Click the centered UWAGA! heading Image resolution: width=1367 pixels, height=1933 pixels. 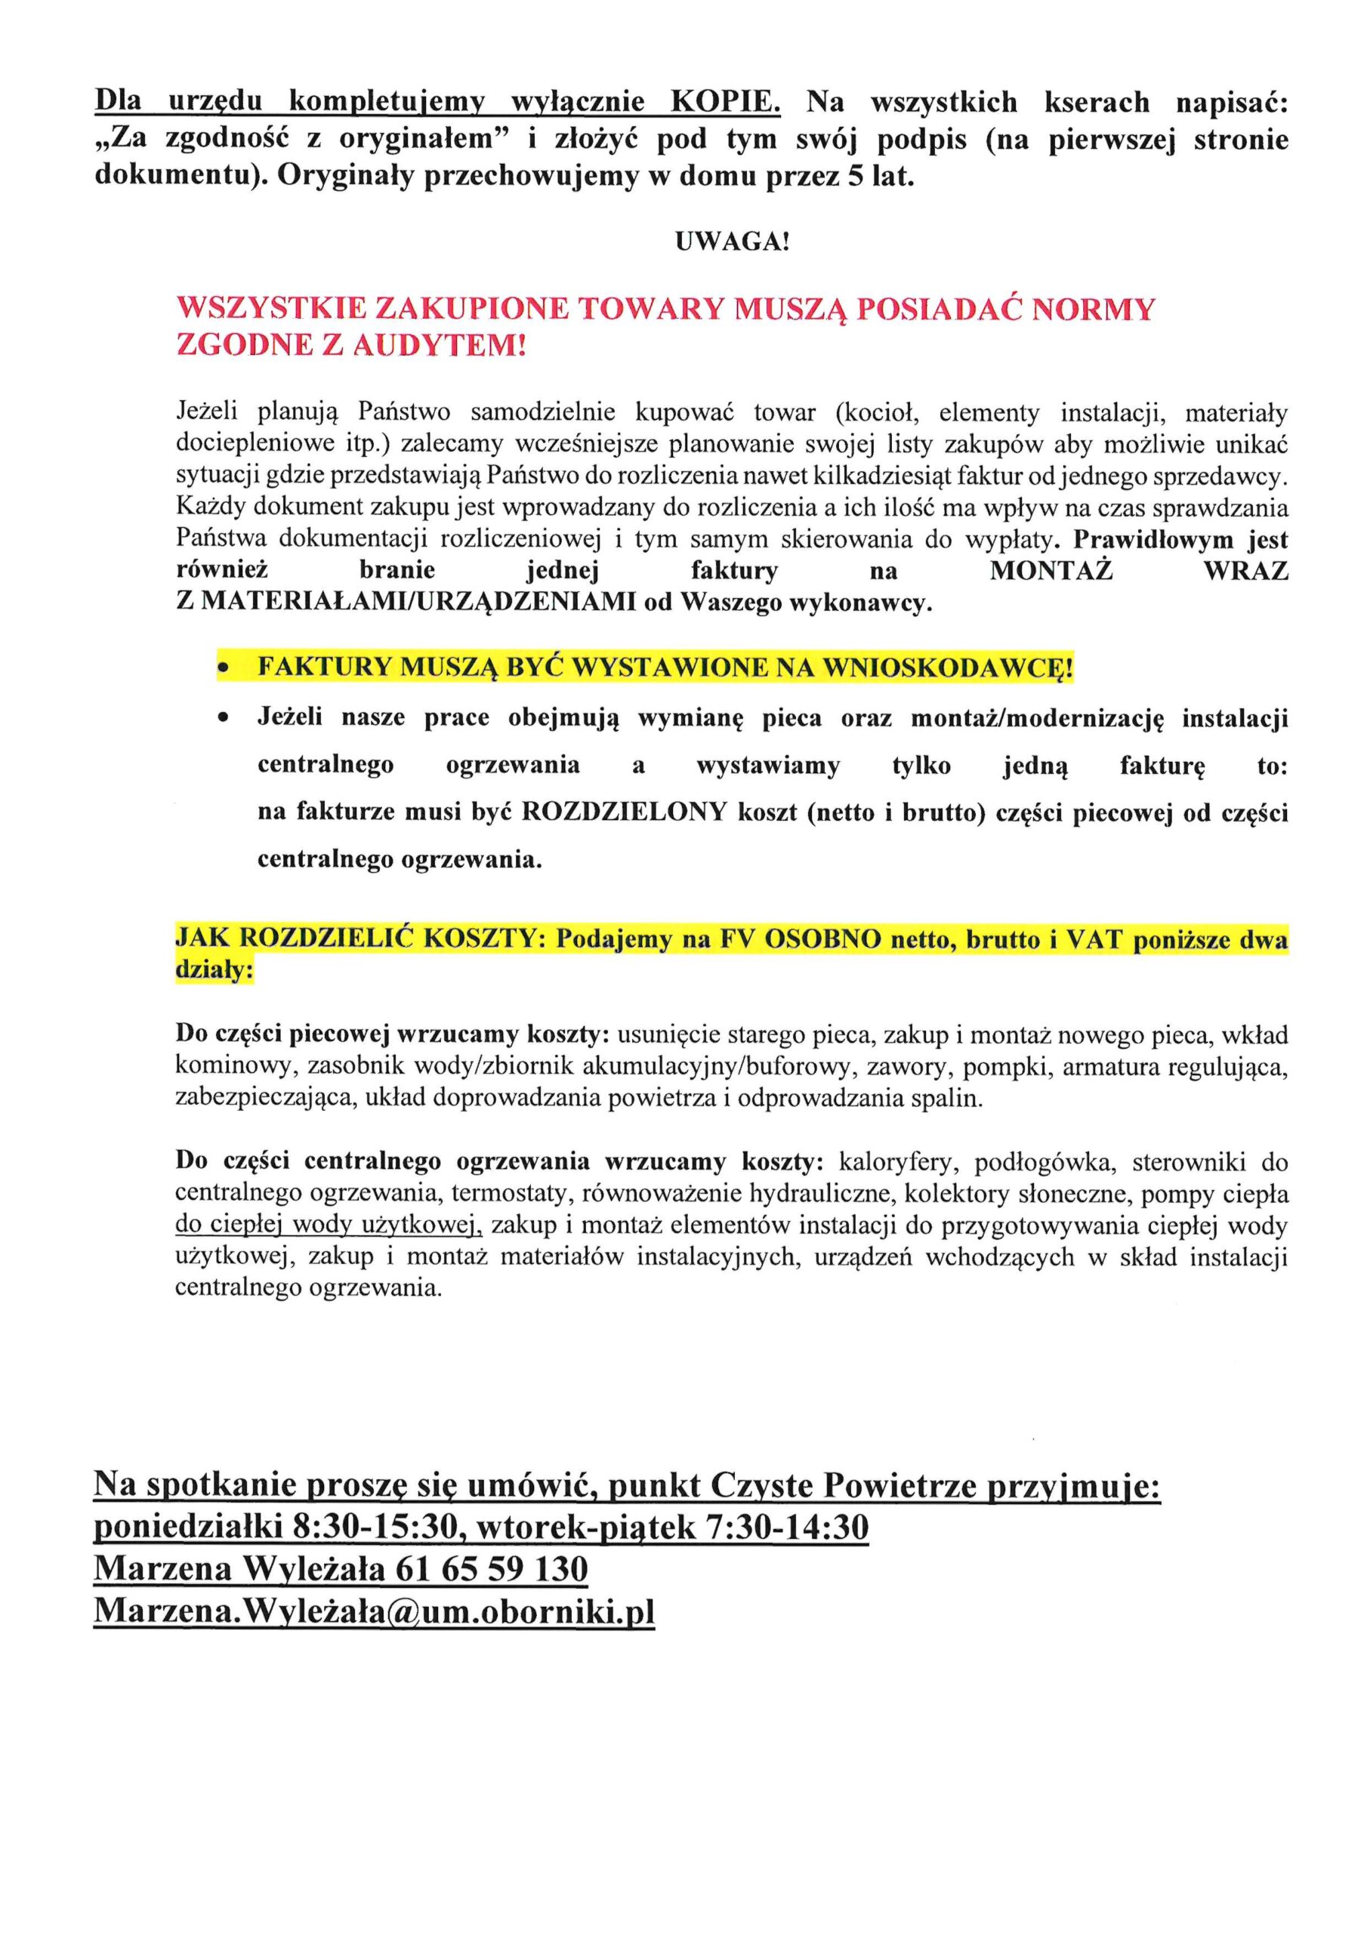732,242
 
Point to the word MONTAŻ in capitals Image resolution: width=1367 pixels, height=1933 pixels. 1051,571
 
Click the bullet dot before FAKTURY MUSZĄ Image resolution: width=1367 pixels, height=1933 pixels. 224,668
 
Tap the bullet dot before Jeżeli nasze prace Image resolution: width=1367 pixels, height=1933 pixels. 224,718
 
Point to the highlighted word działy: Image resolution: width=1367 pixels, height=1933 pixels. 214,969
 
